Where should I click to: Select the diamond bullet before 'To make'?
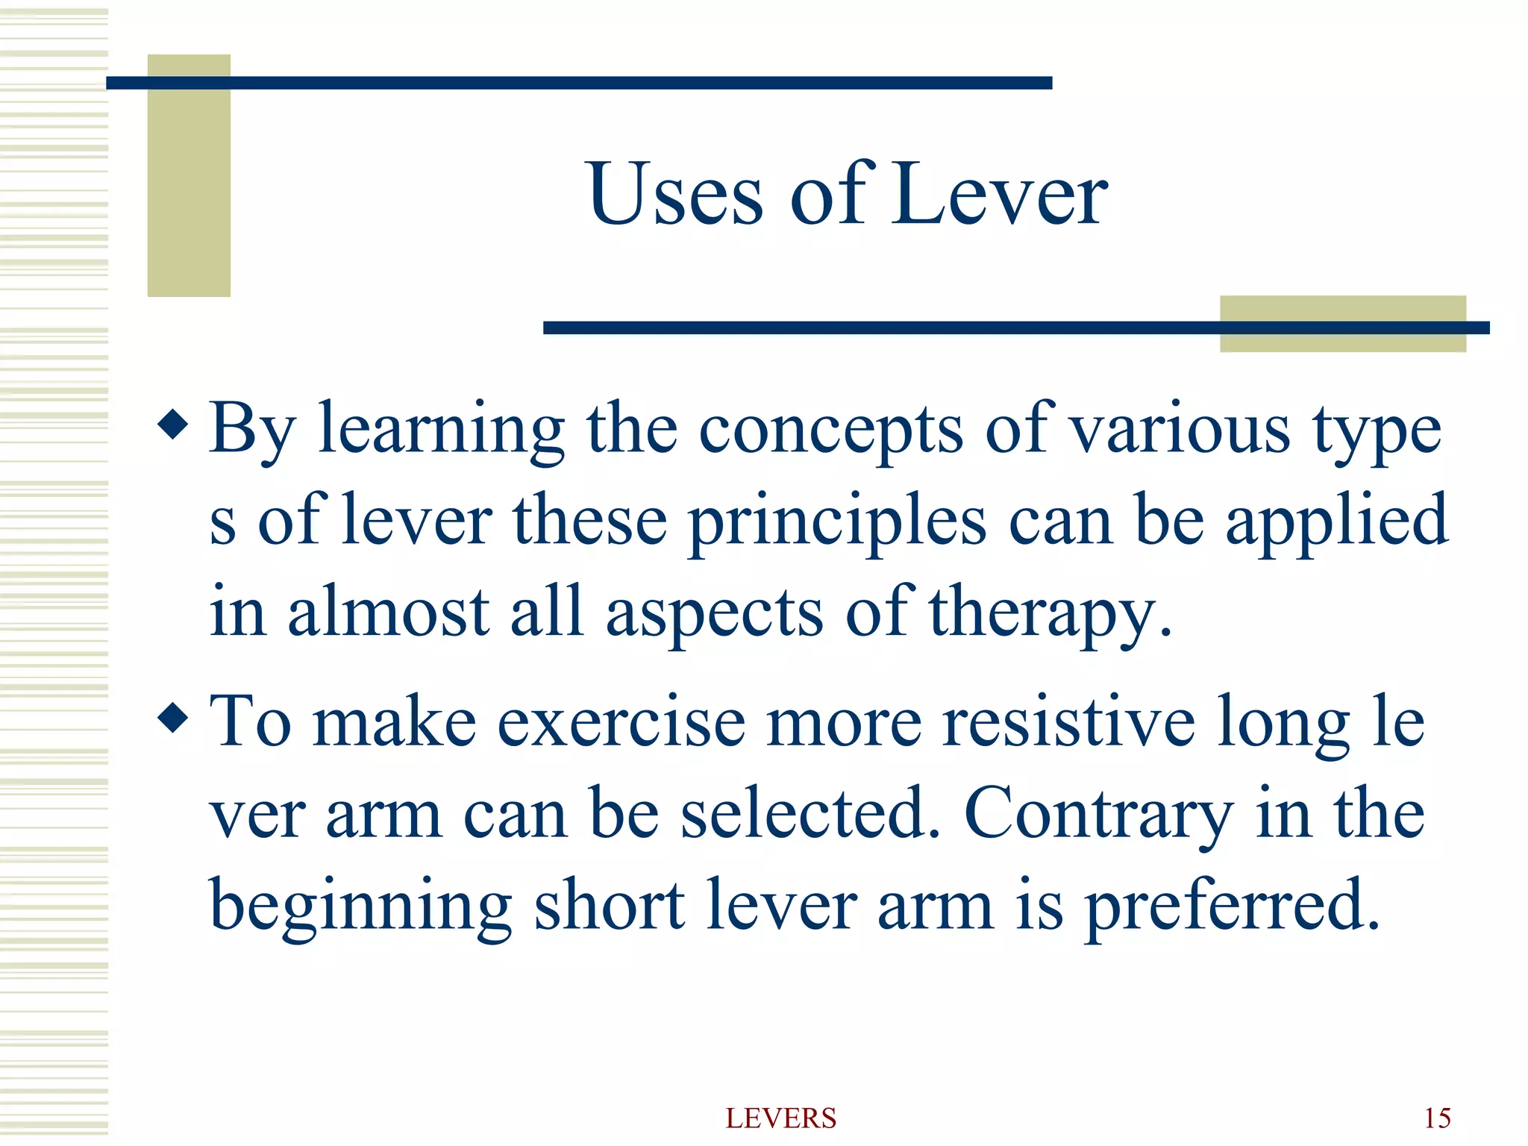click(x=173, y=718)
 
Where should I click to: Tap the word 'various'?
click(x=1180, y=429)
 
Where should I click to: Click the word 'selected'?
click(x=810, y=813)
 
